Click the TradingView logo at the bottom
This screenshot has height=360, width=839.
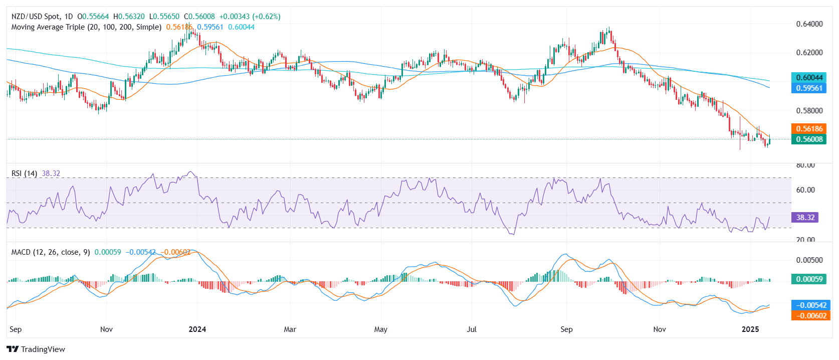(x=36, y=349)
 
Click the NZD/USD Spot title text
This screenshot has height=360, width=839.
(x=36, y=17)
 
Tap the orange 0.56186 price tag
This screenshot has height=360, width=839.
(x=809, y=129)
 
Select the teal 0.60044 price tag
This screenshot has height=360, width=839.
(x=809, y=78)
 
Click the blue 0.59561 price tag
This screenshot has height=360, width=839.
(x=809, y=88)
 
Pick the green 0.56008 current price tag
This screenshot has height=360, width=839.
(x=809, y=139)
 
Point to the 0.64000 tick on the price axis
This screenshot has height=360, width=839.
(x=809, y=24)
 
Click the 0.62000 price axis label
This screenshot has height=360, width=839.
(x=809, y=53)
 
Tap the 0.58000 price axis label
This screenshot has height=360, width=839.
(x=809, y=110)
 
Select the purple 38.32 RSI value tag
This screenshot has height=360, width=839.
(x=805, y=218)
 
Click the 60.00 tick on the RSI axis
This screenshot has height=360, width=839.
(x=805, y=190)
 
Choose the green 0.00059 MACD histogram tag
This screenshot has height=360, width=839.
(x=809, y=279)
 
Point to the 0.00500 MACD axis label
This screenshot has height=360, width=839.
(x=809, y=260)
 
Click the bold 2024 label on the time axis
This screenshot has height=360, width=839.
(x=197, y=329)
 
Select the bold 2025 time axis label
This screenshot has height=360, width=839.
(x=750, y=329)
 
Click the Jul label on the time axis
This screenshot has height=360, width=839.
(x=472, y=329)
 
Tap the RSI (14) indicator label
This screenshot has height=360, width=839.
(x=24, y=173)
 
